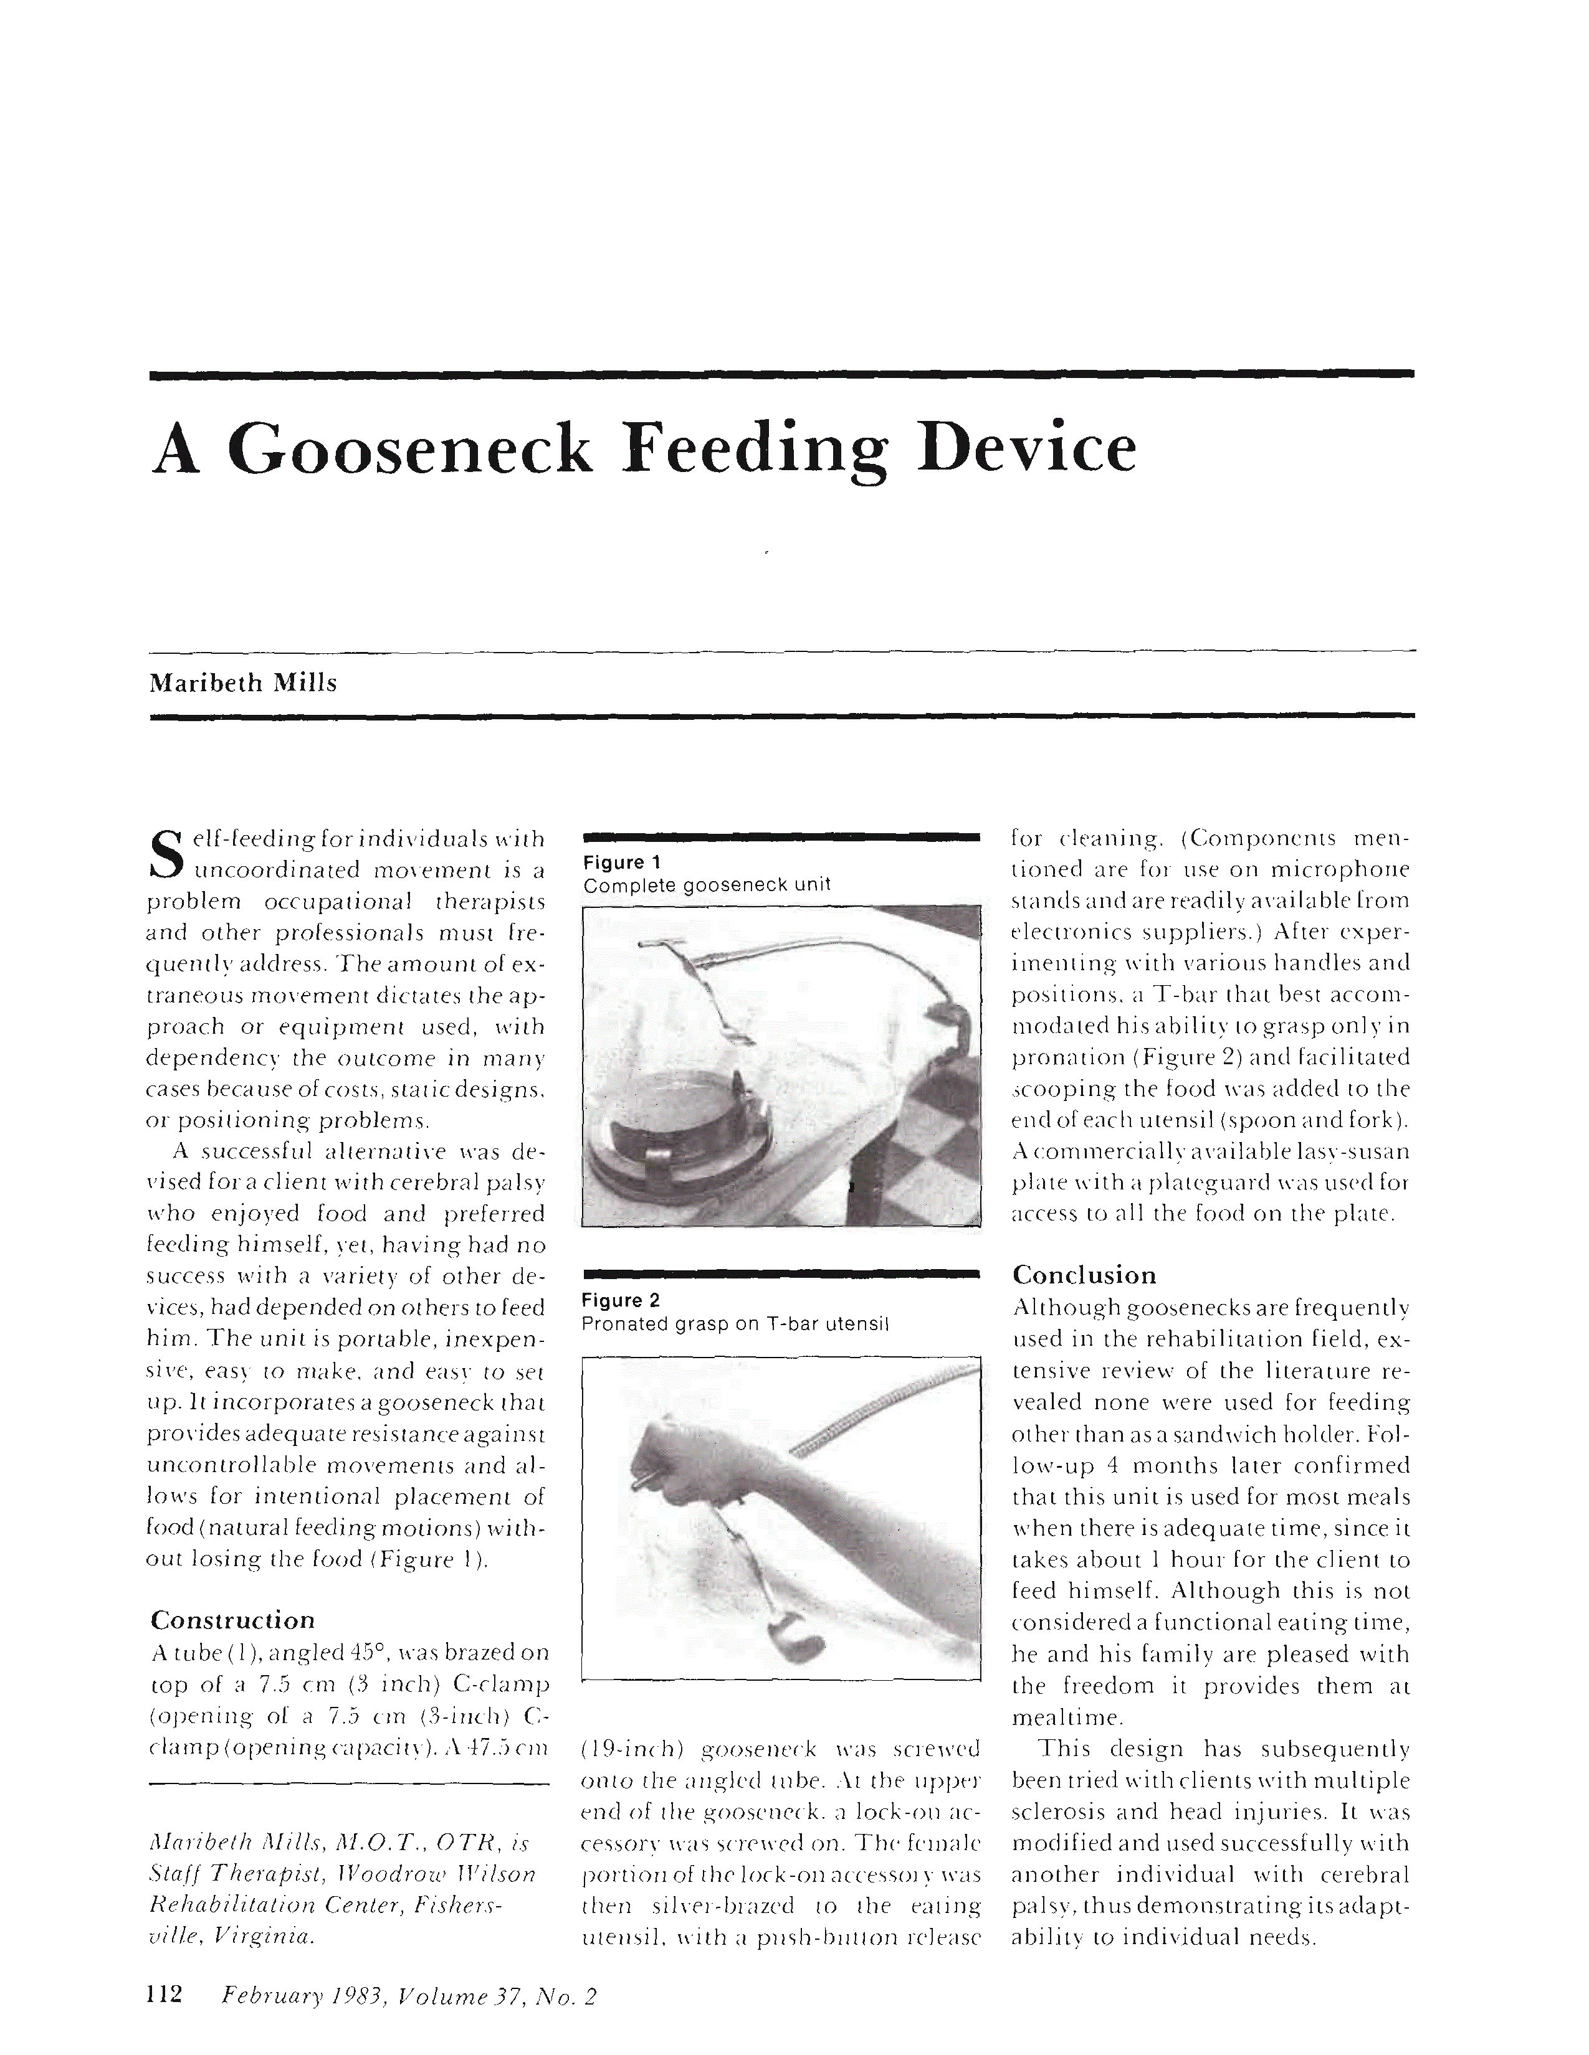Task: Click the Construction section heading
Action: click(232, 1620)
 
